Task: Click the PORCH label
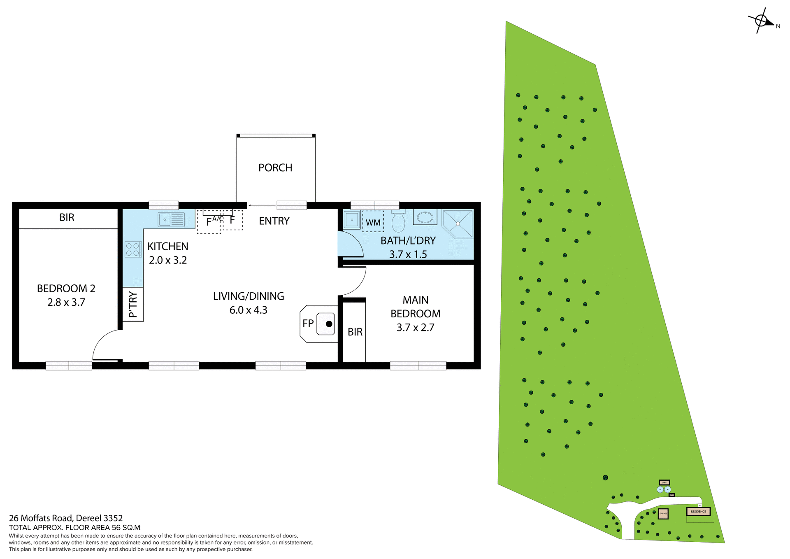tap(275, 168)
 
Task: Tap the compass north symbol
tap(761, 21)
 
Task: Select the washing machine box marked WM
tap(373, 222)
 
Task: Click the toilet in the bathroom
tap(398, 222)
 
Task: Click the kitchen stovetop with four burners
tap(133, 249)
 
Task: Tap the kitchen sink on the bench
tap(171, 220)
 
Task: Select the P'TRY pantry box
tap(133, 304)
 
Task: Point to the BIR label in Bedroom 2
tap(67, 217)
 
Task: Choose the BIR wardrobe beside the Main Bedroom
tap(355, 332)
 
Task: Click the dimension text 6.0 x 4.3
tap(248, 310)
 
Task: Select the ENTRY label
tap(274, 221)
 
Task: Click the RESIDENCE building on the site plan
tap(698, 512)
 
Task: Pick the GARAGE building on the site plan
tap(663, 513)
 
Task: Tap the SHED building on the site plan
tap(664, 482)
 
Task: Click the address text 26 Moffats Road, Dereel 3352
tap(66, 518)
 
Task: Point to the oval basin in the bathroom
tap(425, 217)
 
